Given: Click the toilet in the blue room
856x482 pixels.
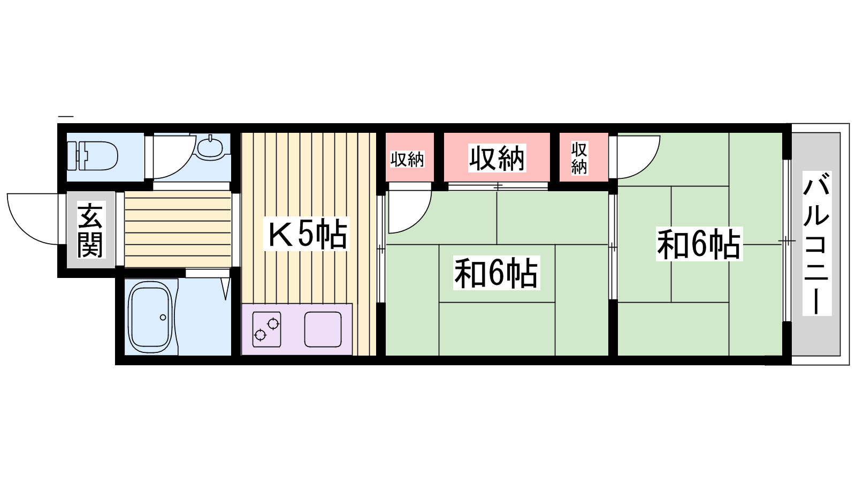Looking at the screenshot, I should [x=94, y=155].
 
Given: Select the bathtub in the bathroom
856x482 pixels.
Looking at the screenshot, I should [x=150, y=318].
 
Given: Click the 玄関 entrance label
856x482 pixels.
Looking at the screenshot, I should [x=90, y=230].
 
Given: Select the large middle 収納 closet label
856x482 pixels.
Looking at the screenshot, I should [x=497, y=158].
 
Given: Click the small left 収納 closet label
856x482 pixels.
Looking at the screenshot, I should [x=407, y=159].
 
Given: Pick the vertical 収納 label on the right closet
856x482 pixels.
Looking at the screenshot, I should [x=579, y=158].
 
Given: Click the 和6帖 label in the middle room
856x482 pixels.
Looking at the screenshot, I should [x=496, y=273].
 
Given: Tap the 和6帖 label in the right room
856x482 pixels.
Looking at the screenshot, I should [x=699, y=244].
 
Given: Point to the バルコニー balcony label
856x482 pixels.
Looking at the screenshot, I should [x=816, y=244].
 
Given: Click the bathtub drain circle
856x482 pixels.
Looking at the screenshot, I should [x=163, y=318].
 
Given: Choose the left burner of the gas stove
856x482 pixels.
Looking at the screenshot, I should [x=261, y=335].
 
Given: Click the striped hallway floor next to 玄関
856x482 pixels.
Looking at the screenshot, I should [x=178, y=229].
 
